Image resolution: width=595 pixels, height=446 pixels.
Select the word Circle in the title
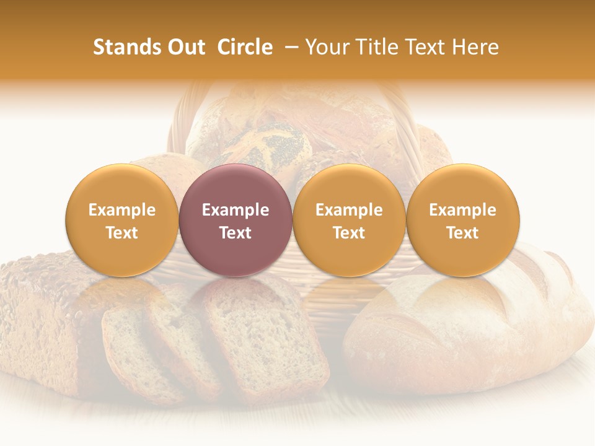click(245, 47)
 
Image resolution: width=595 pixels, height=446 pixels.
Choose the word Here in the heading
click(475, 47)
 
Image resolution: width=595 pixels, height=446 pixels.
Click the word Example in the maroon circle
click(236, 210)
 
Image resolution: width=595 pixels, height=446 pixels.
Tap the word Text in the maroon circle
click(236, 233)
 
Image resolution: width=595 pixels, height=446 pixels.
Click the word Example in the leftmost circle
click(121, 210)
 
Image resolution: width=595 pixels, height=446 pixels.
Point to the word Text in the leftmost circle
click(121, 233)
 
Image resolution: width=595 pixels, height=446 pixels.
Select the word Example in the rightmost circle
click(462, 210)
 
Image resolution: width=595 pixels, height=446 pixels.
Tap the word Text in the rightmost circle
click(462, 233)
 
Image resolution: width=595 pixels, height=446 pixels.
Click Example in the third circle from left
click(349, 210)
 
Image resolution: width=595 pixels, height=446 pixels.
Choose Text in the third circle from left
click(349, 233)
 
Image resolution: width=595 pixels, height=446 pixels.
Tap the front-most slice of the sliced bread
click(267, 338)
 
